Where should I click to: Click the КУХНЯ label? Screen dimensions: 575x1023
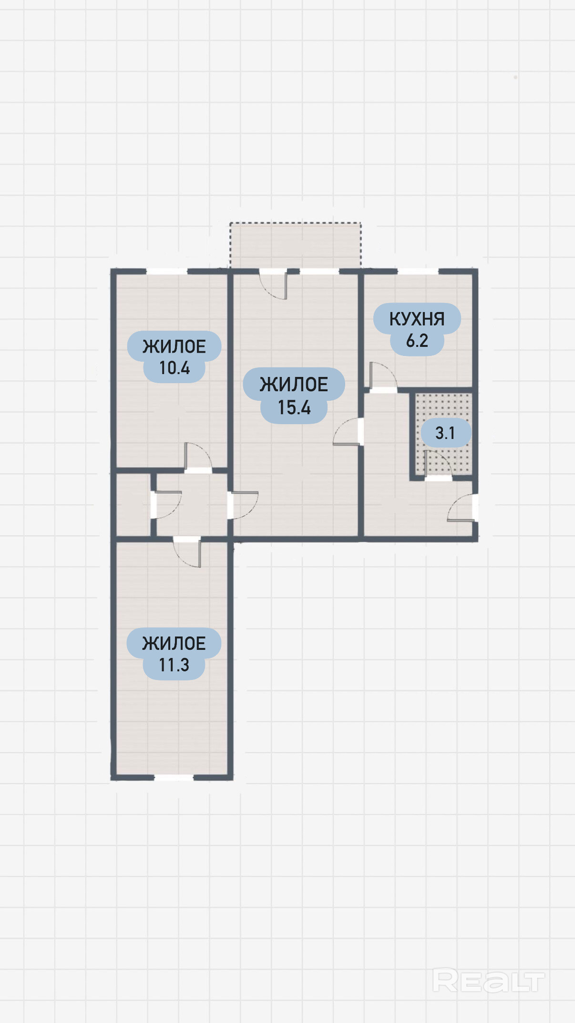pos(417,319)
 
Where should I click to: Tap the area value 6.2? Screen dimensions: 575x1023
pos(417,341)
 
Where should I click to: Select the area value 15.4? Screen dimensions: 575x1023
pos(294,407)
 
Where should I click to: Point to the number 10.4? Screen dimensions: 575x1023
pos(175,368)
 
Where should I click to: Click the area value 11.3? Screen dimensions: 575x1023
pos(174,665)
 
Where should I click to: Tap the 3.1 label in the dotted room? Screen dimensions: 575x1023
pos(445,433)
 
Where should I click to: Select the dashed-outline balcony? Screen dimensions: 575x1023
pos(295,244)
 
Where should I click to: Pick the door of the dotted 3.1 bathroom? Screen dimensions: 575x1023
pos(437,464)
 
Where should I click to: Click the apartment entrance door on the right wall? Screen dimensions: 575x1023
pos(462,508)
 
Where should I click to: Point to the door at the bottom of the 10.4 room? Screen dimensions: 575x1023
pos(198,457)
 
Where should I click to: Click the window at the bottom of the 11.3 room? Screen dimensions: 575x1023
pos(174,777)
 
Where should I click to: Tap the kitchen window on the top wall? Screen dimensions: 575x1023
pos(418,271)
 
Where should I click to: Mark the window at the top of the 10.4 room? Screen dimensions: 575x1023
pos(166,271)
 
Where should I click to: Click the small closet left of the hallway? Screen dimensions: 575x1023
pos(133,504)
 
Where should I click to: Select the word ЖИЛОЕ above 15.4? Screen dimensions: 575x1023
pos(294,385)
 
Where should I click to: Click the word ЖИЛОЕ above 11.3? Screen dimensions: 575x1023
pos(174,643)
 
